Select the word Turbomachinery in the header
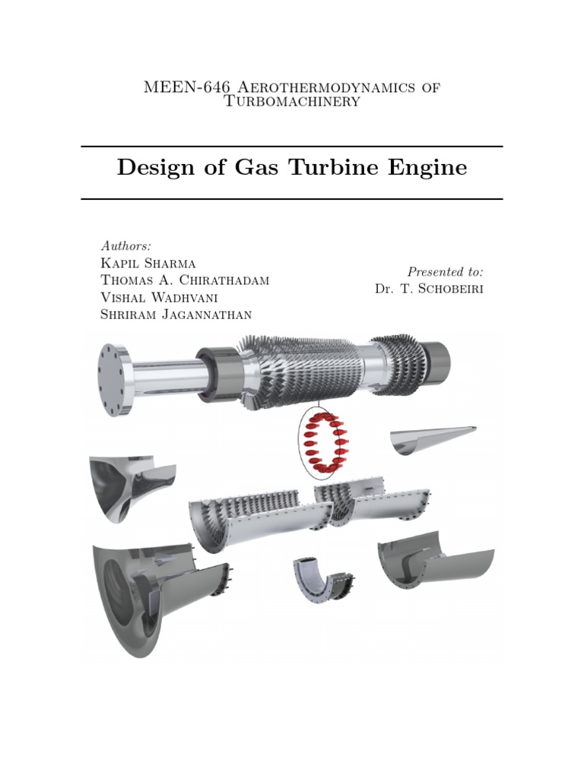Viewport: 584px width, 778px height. tap(291, 101)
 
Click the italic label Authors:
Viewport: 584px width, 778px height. tap(125, 245)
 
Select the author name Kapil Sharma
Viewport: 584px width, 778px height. tap(148, 264)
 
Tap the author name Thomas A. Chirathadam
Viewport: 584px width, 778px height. tap(184, 281)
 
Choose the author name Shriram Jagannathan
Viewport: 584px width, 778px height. tap(176, 315)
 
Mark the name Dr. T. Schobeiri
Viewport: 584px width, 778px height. tap(429, 289)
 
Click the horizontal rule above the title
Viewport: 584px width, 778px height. tap(291, 146)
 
